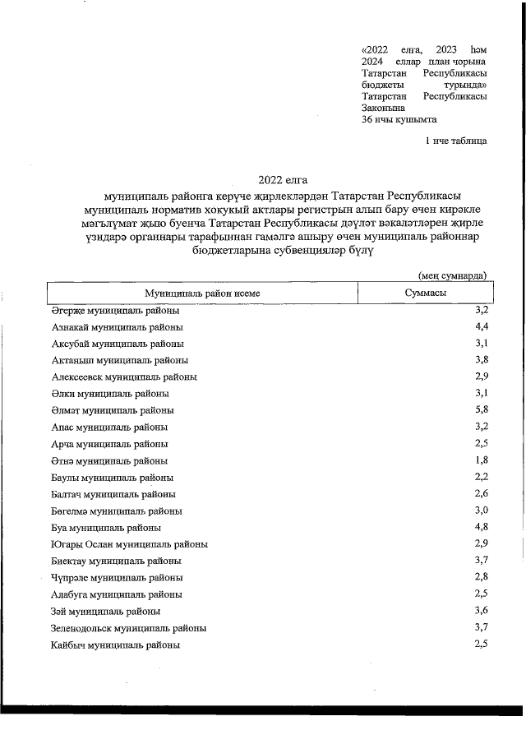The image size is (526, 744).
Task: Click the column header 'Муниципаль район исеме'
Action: [x=202, y=293]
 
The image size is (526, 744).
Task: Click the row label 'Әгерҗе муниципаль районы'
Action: [x=115, y=311]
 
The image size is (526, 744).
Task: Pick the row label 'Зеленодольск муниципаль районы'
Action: [x=128, y=628]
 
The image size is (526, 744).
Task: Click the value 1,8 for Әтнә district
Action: [x=482, y=460]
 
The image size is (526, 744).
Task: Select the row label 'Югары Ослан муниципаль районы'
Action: [x=129, y=544]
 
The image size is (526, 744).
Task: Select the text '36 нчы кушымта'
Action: [x=399, y=119]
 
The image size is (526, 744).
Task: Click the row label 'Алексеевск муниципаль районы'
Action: [x=124, y=377]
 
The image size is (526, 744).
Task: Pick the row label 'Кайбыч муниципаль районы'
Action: [x=116, y=645]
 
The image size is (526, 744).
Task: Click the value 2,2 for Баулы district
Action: [x=482, y=477]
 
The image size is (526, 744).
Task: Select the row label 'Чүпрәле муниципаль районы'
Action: [x=117, y=578]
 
